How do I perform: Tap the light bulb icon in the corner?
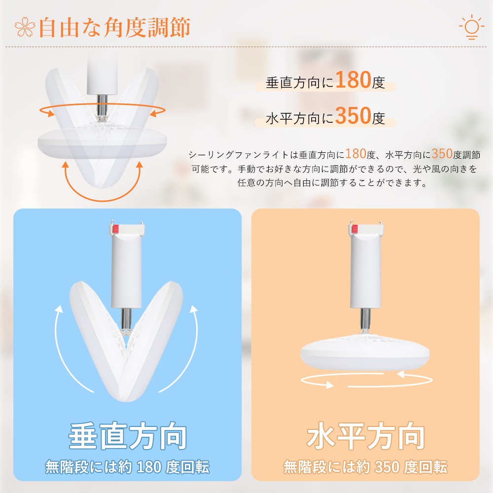click(x=471, y=27)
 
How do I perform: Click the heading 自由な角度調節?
click(x=114, y=28)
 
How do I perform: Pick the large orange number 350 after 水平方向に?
click(x=353, y=115)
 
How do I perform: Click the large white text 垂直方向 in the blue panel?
click(x=128, y=436)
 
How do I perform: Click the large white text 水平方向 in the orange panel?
click(x=366, y=436)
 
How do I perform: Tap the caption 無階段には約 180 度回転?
click(x=127, y=467)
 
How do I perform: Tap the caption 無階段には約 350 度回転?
click(x=365, y=467)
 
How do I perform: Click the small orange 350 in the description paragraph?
click(x=442, y=154)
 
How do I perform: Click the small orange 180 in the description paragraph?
click(x=356, y=154)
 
